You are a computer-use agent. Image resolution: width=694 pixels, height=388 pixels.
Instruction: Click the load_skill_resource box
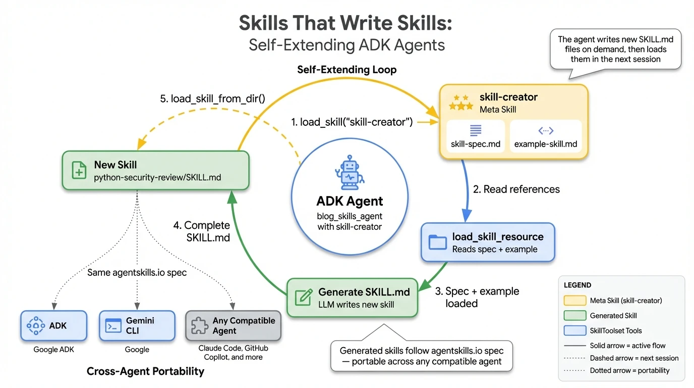[487, 243]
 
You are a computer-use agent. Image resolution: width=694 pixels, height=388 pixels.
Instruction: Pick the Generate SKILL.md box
[352, 298]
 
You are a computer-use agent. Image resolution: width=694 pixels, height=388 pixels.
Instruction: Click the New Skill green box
[155, 171]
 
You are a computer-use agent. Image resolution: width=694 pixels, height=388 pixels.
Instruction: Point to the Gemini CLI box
[137, 326]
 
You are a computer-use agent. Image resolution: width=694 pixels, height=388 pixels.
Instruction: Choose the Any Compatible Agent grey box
[233, 326]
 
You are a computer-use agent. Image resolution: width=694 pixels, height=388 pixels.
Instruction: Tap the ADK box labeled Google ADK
[53, 326]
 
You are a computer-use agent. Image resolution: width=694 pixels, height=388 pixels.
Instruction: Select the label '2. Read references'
[516, 189]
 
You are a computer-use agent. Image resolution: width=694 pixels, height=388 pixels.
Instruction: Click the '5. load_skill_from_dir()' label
[212, 99]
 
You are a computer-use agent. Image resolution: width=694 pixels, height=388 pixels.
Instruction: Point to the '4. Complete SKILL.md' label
[201, 231]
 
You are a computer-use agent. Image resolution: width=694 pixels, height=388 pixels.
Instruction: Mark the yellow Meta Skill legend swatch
[574, 301]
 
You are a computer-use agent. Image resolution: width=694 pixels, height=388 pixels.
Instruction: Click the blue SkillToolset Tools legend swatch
[574, 330]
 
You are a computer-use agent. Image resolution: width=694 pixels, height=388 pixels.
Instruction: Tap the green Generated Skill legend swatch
[574, 316]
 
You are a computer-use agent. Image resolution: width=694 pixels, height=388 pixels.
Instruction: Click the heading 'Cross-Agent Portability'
[145, 371]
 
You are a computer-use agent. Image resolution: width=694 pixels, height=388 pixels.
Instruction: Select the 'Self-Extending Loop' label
[346, 70]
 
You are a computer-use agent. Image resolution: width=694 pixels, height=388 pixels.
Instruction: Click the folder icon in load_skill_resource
[437, 243]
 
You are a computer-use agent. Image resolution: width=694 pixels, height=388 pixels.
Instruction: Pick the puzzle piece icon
[199, 326]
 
